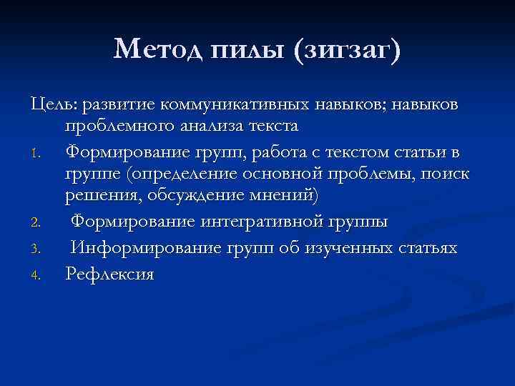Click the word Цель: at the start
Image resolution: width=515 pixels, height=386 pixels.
54,105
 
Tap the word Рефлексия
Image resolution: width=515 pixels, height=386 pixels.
109,274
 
